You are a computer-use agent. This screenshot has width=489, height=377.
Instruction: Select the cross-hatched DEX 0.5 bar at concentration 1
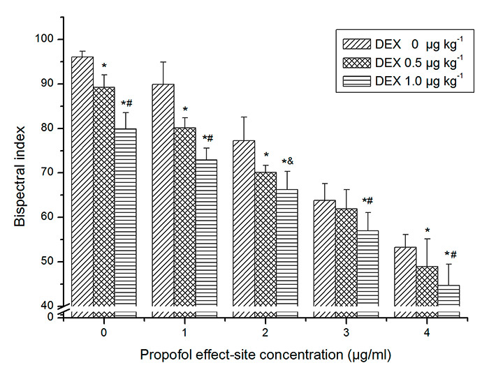coord(184,216)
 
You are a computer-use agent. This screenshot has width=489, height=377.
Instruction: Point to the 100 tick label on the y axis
coord(48,39)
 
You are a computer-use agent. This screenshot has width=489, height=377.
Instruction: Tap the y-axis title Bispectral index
coord(22,175)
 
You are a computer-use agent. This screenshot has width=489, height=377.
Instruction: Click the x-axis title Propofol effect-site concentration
coord(265,355)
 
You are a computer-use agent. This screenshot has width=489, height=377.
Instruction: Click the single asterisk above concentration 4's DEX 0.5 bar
coord(427,230)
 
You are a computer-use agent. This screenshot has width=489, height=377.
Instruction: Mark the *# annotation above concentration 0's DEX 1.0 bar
coord(126,103)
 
